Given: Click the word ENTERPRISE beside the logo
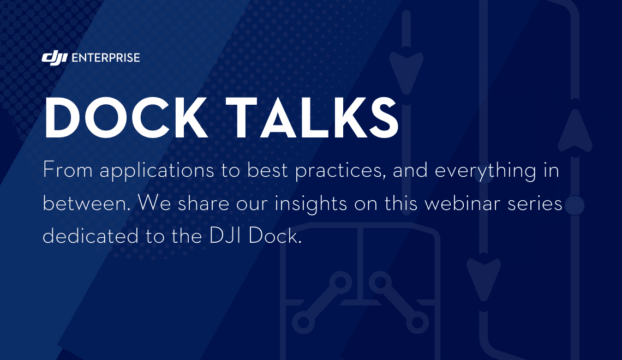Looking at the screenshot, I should point(105,57).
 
